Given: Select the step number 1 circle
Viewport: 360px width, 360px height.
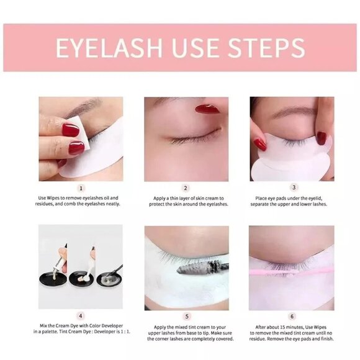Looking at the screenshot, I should click(x=81, y=187).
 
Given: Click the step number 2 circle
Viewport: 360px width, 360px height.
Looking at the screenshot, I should click(x=186, y=187).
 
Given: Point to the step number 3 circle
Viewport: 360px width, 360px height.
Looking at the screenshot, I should click(x=292, y=187).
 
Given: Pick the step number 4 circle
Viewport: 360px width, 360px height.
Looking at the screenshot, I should click(x=81, y=316).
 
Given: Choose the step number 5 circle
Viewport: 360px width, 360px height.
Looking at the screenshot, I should click(x=186, y=316).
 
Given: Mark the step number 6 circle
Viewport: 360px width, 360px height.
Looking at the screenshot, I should click(x=292, y=316).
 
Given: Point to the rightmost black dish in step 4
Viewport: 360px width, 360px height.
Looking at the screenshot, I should click(x=107, y=279).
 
